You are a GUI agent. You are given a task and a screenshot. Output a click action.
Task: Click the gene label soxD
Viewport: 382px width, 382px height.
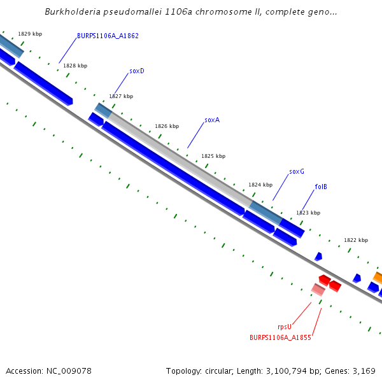tap(137, 71)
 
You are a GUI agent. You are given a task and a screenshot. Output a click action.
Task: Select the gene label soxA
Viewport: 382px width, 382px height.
tap(212, 120)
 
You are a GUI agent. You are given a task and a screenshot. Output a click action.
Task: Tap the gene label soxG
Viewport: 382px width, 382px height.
tap(297, 171)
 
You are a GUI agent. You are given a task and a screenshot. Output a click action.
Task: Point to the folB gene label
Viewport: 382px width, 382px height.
tap(321, 187)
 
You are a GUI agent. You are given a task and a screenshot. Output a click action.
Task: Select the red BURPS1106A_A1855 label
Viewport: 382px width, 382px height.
tap(280, 337)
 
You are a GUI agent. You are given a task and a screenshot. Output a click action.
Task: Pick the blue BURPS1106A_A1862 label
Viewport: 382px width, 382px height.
tap(108, 36)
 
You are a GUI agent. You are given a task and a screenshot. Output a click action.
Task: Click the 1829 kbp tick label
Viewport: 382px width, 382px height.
tap(30, 33)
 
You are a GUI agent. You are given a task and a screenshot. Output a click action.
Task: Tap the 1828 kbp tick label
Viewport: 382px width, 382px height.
tap(75, 66)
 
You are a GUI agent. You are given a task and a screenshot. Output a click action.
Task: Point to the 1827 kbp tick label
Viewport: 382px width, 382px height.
tap(121, 96)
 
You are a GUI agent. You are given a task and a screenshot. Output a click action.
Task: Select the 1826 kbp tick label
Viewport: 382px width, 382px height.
tap(167, 126)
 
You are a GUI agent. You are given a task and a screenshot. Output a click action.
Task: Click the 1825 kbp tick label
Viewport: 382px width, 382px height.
tap(213, 156)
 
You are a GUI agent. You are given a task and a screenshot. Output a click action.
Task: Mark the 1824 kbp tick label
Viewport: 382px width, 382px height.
tap(260, 185)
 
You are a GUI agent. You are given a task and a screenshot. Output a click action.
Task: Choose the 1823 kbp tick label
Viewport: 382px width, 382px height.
tap(308, 213)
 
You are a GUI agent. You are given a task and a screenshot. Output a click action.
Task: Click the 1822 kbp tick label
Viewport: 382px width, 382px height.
tap(356, 240)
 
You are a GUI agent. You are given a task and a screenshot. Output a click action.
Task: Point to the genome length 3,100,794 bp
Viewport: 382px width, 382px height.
tap(288, 371)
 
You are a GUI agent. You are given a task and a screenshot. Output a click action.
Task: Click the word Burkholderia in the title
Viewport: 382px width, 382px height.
tap(72, 12)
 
